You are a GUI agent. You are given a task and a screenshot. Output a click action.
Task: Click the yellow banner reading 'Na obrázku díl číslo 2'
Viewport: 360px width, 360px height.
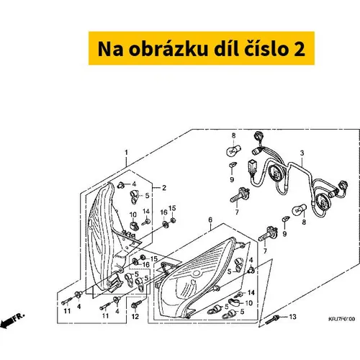point(202,48)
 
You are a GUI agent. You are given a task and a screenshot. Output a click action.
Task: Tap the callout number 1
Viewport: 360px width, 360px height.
point(126,153)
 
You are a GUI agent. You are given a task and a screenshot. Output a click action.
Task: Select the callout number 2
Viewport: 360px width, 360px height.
point(164,188)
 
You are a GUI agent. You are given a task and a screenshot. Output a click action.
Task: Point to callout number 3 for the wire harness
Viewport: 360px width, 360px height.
point(302,153)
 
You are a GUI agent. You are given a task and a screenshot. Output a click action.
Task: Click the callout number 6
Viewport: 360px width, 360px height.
point(210,220)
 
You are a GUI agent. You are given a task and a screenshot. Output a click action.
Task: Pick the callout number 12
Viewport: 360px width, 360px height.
point(135,317)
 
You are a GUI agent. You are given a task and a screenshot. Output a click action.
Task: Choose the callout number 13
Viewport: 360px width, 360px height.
point(292,317)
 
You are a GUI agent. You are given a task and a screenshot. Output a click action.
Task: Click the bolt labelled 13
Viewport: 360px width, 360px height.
point(271,320)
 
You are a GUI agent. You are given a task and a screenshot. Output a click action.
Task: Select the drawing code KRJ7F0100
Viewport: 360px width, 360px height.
point(342,319)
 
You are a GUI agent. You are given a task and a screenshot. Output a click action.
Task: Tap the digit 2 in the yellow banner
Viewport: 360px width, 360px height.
point(300,49)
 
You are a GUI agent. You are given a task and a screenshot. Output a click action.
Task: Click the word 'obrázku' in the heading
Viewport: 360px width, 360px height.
point(168,49)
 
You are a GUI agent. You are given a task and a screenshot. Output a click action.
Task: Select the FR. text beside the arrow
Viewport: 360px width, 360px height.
point(19,317)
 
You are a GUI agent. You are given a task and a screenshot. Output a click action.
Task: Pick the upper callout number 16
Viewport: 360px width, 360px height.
point(164,212)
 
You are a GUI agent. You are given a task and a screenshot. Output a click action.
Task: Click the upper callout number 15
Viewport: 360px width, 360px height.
point(172,208)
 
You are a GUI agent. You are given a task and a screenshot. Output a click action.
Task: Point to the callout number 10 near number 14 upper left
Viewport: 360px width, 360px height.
point(133,215)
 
